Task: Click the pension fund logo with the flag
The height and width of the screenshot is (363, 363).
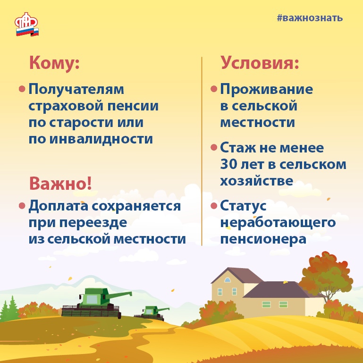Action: [27, 24]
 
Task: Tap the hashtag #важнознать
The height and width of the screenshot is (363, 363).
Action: [310, 18]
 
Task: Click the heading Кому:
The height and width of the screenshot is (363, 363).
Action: [54, 63]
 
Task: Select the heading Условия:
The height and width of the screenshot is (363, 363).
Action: [260, 62]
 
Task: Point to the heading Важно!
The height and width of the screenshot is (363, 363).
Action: [60, 183]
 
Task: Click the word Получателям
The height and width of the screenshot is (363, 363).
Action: [76, 89]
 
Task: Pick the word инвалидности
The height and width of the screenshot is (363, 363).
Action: [101, 139]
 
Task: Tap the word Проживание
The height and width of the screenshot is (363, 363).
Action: [266, 89]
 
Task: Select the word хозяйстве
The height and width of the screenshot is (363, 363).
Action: [256, 181]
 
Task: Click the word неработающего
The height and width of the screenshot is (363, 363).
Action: [278, 223]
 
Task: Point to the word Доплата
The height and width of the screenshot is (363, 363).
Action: [59, 206]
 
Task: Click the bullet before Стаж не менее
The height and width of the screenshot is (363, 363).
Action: [214, 147]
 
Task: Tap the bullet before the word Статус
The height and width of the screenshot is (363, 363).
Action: [214, 206]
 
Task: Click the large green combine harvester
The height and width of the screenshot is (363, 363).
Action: [97, 303]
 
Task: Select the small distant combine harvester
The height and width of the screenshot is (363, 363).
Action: [152, 313]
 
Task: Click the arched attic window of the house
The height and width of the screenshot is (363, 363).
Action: [228, 279]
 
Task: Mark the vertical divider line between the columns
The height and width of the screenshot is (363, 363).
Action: [202, 151]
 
